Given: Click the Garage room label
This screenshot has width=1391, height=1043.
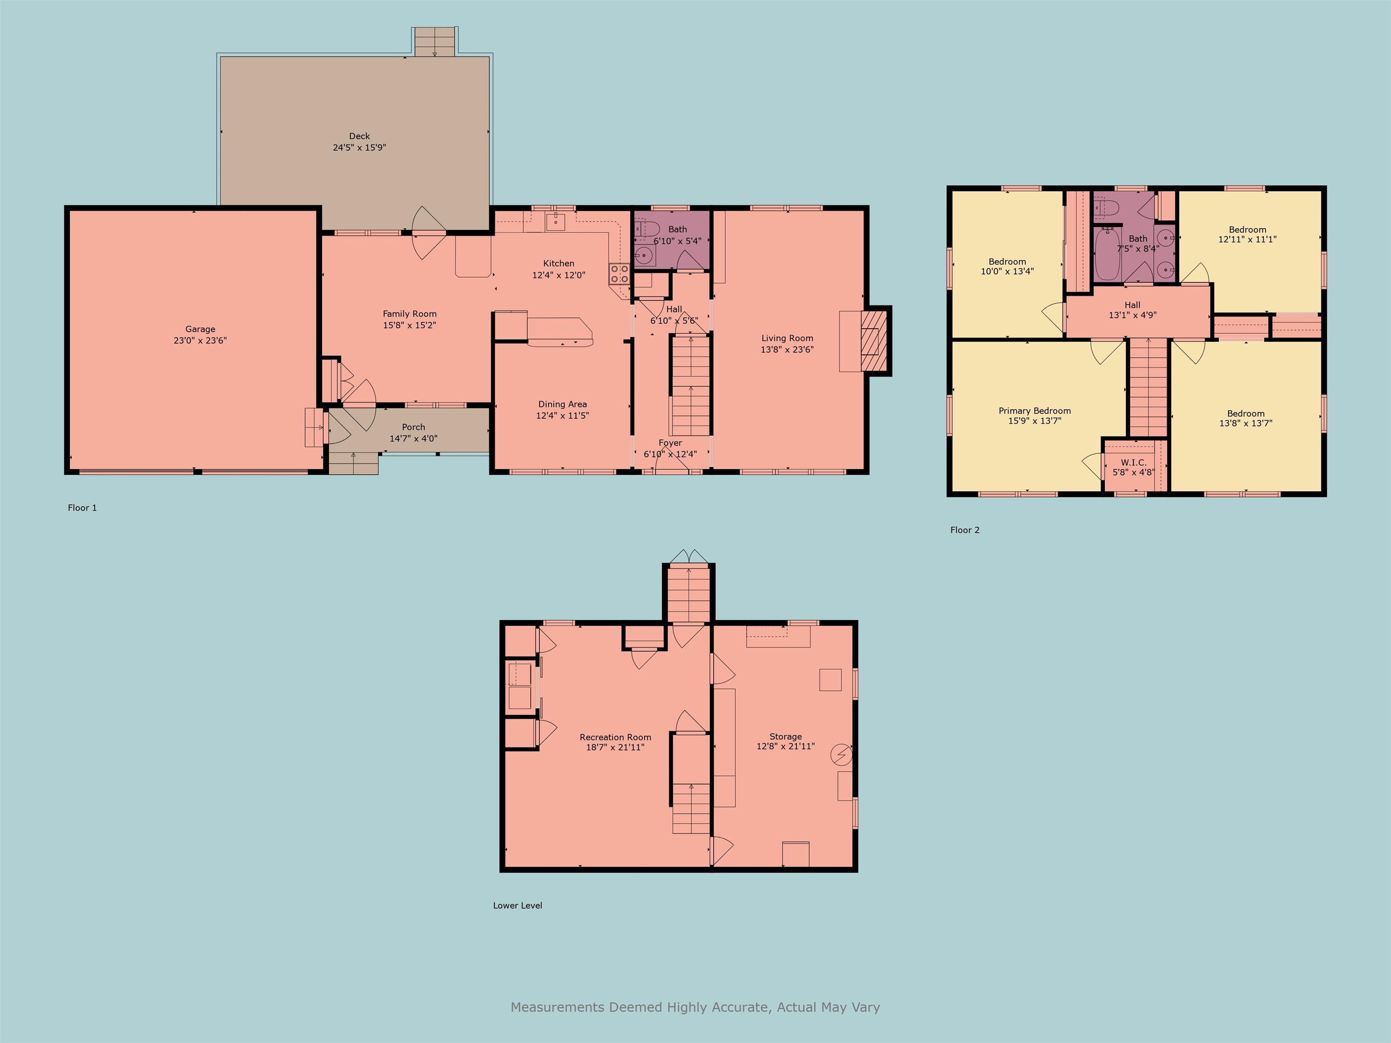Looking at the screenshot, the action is click(200, 329).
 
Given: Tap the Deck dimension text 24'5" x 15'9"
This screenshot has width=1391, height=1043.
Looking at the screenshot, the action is click(359, 148).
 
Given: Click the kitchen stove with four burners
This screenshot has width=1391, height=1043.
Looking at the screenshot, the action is click(619, 273).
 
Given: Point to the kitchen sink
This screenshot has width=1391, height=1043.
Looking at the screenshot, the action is click(556, 221).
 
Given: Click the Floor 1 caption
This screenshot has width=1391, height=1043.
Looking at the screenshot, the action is click(82, 508).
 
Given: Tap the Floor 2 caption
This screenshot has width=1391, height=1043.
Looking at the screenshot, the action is click(964, 530).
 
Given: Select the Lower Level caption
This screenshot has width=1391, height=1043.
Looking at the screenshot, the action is click(518, 905).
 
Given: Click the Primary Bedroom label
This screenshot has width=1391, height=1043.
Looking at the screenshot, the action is click(1035, 411).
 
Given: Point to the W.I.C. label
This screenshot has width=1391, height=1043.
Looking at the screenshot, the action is click(1133, 462).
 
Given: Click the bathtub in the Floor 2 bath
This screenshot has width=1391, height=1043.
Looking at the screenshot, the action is click(1108, 254).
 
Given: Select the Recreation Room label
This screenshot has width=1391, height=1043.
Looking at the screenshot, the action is click(615, 737).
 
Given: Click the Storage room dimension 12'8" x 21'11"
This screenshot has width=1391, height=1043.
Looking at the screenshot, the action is click(786, 746).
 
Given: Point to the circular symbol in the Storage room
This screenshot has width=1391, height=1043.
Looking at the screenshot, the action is click(841, 755).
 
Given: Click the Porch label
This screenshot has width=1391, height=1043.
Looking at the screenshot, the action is click(413, 427).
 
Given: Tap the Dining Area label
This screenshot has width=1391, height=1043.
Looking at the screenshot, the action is click(562, 404).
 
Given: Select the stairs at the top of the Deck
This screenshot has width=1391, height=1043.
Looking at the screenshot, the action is click(434, 42).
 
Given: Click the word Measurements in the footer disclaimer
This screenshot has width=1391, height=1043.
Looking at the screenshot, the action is click(557, 1007).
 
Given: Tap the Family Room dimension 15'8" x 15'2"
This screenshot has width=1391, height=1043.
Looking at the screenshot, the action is click(409, 325).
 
